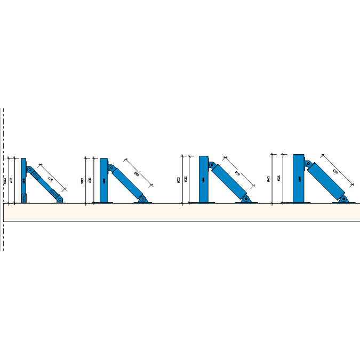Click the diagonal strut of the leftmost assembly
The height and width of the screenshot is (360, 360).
[45, 184]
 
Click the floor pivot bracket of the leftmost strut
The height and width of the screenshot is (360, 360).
[60, 199]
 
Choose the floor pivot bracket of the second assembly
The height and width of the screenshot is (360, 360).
[142, 199]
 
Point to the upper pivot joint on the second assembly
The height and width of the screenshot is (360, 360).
[111, 168]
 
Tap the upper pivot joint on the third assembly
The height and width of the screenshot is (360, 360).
[212, 166]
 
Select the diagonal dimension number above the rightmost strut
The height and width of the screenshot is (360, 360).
[335, 171]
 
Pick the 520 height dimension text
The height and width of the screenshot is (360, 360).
[178, 180]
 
